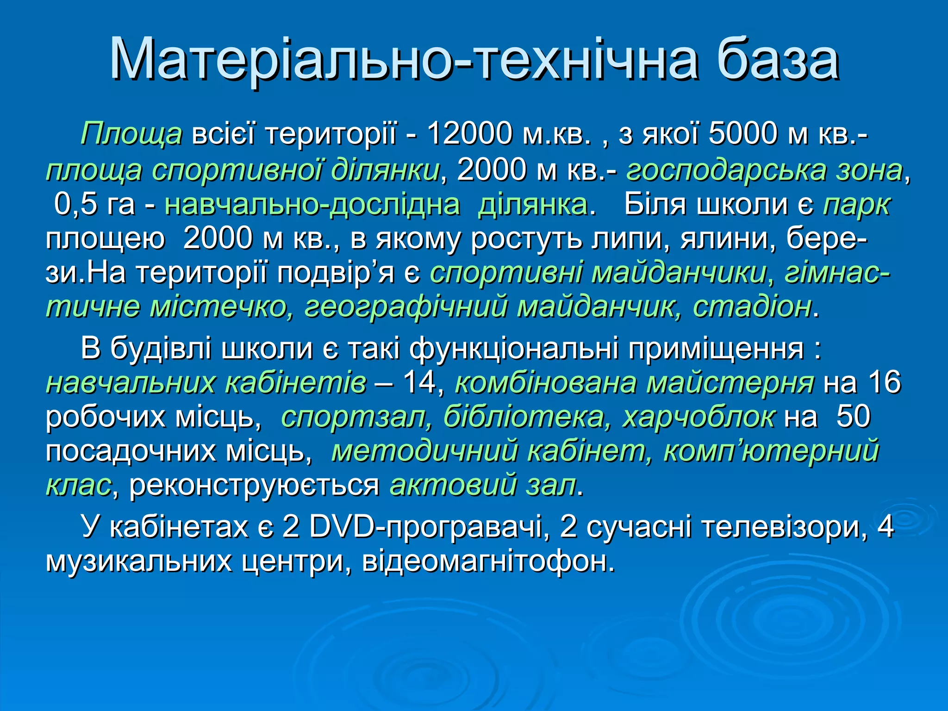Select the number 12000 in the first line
tap(469, 134)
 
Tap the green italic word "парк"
tap(856, 205)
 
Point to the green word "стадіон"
tap(752, 306)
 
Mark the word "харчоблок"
tap(698, 417)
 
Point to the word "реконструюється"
tap(254, 485)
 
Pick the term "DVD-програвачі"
tap(426, 527)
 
